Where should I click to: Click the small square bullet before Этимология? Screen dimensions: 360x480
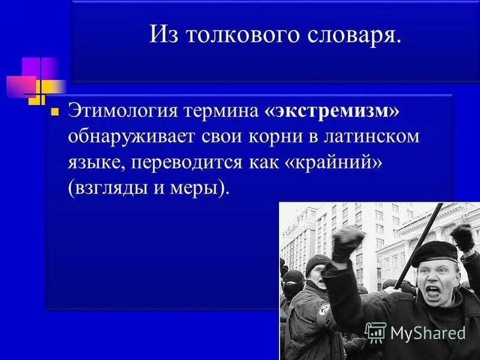[55, 112]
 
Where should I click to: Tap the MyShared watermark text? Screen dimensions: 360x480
[428, 334]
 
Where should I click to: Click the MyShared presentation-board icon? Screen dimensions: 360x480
[376, 332]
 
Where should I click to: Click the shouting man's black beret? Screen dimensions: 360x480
[433, 251]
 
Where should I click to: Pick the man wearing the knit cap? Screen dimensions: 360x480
[317, 270]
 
